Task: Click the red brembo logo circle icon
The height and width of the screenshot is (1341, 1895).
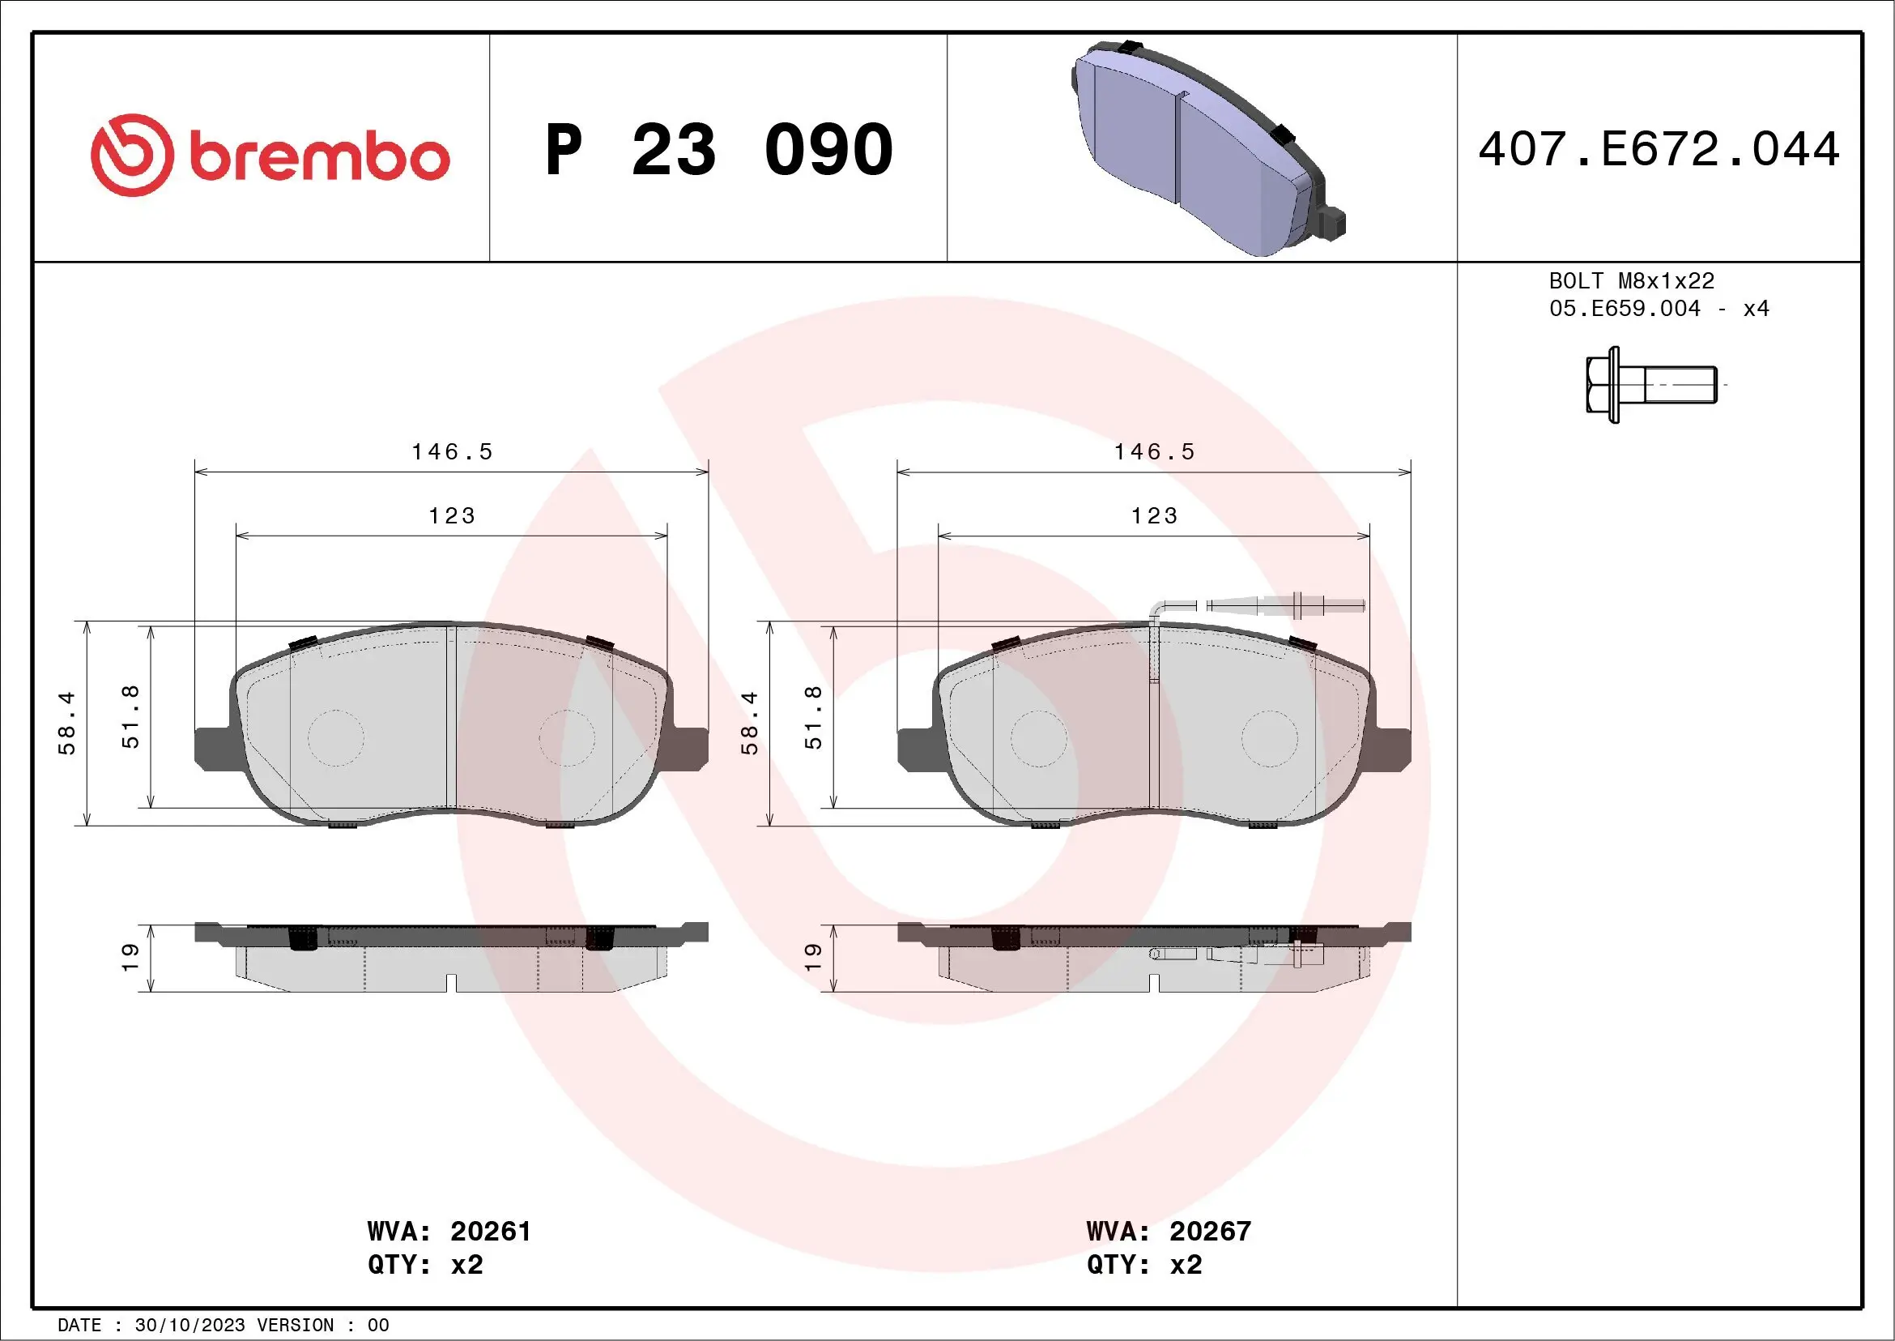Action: pos(132,156)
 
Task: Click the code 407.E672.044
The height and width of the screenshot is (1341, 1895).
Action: pos(1659,149)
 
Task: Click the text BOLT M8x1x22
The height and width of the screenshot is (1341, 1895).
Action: pos(1631,280)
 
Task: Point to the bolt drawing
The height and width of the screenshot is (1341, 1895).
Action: pos(1650,385)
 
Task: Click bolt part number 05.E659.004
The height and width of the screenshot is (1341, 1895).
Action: pos(1625,309)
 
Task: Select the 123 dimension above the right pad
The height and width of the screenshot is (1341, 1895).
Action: pos(1154,516)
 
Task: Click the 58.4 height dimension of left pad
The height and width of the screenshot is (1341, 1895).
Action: pos(66,723)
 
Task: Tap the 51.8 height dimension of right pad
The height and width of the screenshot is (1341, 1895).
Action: pos(813,717)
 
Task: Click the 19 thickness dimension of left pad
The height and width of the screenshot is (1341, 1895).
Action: pos(130,957)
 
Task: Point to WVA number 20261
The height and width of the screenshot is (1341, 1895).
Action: pos(490,1231)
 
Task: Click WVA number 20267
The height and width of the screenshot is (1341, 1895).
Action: pos(1210,1231)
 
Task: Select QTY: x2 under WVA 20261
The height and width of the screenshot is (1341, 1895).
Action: pos(425,1264)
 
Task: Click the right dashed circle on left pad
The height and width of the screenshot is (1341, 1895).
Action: pos(567,738)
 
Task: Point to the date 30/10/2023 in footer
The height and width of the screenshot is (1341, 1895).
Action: pos(189,1326)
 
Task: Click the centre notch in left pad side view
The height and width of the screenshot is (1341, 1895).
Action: pos(450,982)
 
